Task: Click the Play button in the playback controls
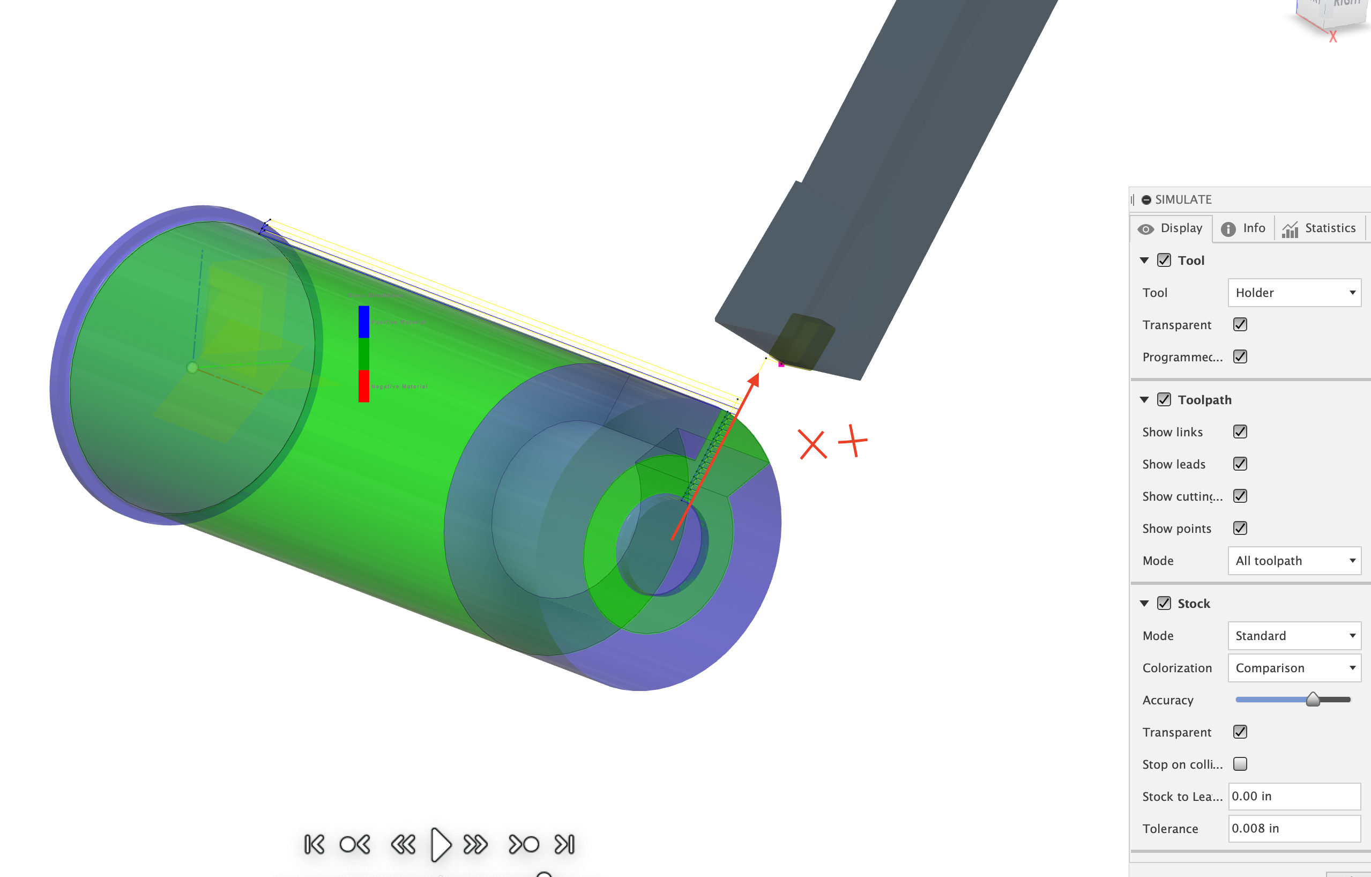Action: click(x=441, y=844)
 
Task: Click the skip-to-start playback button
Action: click(x=314, y=844)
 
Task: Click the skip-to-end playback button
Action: click(x=565, y=844)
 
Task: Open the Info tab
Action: click(x=1243, y=228)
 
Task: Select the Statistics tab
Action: click(x=1319, y=228)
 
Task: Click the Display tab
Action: click(x=1171, y=228)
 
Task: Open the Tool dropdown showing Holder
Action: click(x=1294, y=293)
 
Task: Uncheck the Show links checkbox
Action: click(x=1240, y=432)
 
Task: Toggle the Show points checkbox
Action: click(x=1240, y=529)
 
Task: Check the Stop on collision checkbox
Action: click(x=1240, y=764)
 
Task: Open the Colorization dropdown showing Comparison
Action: click(x=1294, y=668)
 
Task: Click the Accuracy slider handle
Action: click(x=1313, y=700)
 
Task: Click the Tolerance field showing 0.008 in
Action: click(x=1294, y=829)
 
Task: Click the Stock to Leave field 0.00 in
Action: click(x=1294, y=797)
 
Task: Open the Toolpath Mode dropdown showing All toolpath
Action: click(x=1294, y=561)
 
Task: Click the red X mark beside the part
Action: click(x=812, y=445)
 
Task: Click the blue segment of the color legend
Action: click(x=364, y=322)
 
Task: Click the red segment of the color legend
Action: click(x=364, y=386)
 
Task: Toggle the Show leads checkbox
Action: click(x=1240, y=464)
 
